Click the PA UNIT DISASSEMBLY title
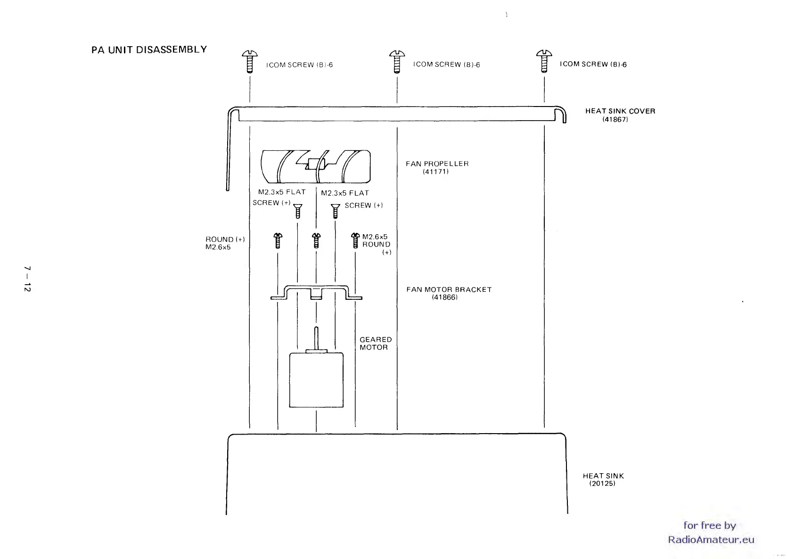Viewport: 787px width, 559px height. tap(149, 49)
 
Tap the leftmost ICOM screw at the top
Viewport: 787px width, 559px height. tap(250, 62)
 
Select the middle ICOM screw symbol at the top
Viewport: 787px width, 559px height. tap(397, 62)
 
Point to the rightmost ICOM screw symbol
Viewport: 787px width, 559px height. tap(544, 61)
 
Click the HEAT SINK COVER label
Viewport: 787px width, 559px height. tap(620, 111)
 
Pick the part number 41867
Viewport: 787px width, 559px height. tap(615, 120)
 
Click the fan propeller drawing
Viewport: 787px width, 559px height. tap(315, 166)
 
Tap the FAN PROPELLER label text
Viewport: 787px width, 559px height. tap(437, 164)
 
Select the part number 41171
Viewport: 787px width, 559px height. tap(435, 172)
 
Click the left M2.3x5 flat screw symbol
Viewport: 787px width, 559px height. tap(297, 211)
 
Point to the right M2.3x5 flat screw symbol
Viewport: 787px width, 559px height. tap(336, 211)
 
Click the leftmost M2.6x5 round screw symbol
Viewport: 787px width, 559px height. tap(278, 240)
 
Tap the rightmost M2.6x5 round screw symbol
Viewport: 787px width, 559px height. tap(355, 240)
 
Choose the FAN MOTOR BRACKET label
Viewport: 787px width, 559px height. tap(449, 290)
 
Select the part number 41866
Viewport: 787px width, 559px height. tap(444, 297)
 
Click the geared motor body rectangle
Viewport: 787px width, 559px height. tap(316, 379)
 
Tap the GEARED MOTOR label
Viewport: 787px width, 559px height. tap(375, 343)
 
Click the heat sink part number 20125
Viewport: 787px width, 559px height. tap(602, 484)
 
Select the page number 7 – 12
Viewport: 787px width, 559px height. tap(27, 279)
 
